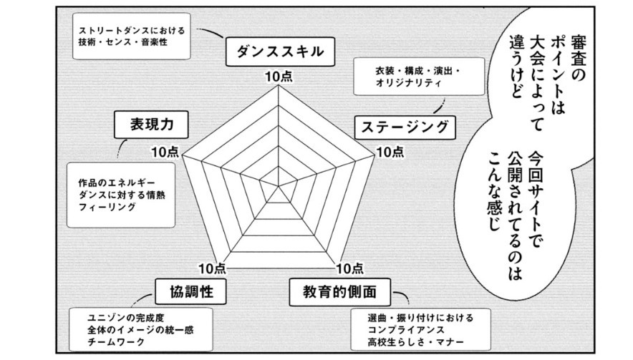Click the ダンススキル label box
pyautogui.click(x=276, y=51)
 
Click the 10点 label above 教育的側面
pyautogui.click(x=349, y=268)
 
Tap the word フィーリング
pyautogui.click(x=107, y=206)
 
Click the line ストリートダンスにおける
pyautogui.click(x=124, y=31)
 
